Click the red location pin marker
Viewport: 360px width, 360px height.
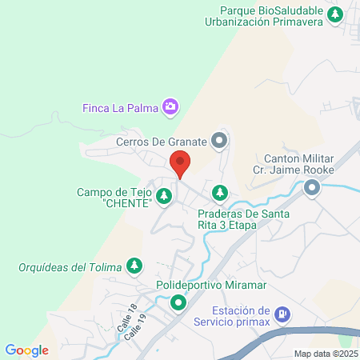tap(180, 163)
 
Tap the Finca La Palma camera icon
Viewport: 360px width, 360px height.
tap(170, 106)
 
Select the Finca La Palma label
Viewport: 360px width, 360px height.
tap(121, 106)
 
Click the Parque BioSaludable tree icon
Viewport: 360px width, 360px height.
tap(337, 14)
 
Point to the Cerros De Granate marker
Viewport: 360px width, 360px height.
tap(221, 142)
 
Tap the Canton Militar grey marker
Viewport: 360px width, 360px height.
tap(311, 188)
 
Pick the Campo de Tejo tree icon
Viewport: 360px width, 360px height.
tap(164, 194)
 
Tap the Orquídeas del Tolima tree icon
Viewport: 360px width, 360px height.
tap(135, 265)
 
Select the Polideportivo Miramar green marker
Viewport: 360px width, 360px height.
tap(177, 302)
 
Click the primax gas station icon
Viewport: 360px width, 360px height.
tap(282, 315)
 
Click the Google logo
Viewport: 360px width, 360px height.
tap(27, 350)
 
